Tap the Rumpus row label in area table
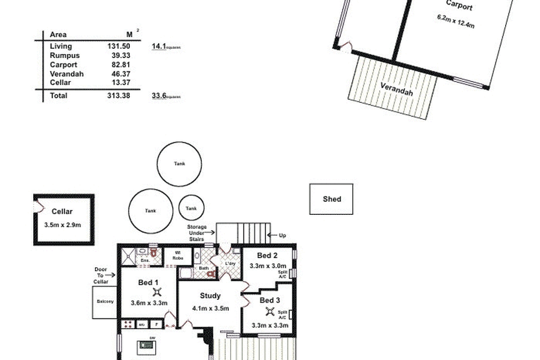[65, 56]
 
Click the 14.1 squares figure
[159, 47]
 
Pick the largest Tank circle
[179, 164]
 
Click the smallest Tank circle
[191, 208]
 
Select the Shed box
[331, 199]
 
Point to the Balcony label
[105, 301]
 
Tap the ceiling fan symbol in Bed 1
[157, 292]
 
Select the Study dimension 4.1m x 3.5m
[210, 308]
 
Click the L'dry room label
[229, 264]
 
